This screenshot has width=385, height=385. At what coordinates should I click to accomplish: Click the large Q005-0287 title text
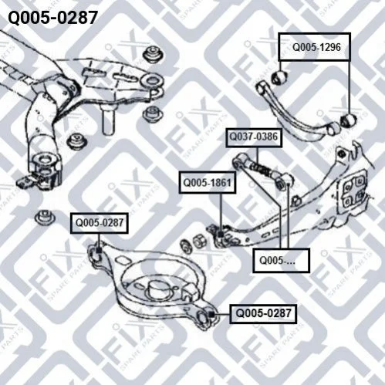click(x=52, y=18)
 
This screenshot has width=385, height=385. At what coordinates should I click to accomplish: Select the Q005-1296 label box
click(x=314, y=47)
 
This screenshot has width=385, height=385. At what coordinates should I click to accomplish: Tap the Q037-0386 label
click(x=254, y=137)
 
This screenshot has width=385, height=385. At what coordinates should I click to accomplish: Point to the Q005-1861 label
click(x=208, y=183)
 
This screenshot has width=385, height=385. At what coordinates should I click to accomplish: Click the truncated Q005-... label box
click(x=281, y=260)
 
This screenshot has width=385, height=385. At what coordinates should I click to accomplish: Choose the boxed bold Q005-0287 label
click(x=263, y=313)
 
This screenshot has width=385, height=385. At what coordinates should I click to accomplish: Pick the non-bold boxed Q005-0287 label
click(x=100, y=223)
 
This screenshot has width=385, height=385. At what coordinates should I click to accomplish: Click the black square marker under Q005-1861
click(x=221, y=235)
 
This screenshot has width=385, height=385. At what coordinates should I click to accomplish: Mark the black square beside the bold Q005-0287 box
click(x=211, y=314)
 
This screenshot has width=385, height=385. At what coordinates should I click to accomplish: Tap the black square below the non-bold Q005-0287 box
click(x=99, y=250)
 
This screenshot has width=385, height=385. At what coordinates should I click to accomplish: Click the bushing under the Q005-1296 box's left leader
click(x=279, y=77)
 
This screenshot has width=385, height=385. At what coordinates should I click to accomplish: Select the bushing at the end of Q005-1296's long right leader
click(x=349, y=120)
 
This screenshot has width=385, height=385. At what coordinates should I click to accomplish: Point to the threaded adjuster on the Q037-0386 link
click(x=260, y=168)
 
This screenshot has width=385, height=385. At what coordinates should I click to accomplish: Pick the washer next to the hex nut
click(x=186, y=245)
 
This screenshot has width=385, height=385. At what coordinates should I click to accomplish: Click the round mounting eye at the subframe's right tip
click(x=153, y=80)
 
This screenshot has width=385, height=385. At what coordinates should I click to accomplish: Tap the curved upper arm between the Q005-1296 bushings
click(x=296, y=113)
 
